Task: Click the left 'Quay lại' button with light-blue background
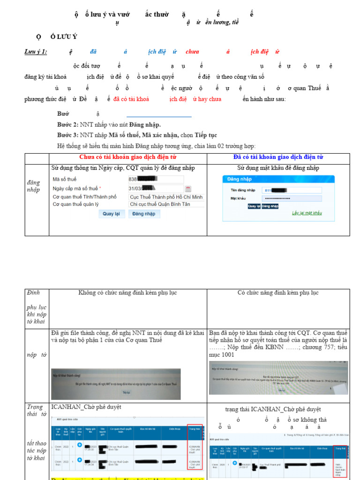tap(111, 214)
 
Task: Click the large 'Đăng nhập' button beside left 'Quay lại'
tap(144, 214)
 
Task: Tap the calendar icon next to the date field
tap(188, 189)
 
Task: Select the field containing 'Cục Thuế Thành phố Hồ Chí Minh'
tap(166, 197)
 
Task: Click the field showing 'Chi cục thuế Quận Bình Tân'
tap(166, 204)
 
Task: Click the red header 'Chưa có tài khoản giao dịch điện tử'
tap(128, 157)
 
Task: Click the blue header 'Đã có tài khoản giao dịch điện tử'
tap(278, 157)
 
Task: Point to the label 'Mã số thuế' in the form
tap(65, 180)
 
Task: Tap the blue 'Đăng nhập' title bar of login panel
tap(278, 179)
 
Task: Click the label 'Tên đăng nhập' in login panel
tap(243, 190)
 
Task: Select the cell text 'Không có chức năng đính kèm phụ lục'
tap(127, 293)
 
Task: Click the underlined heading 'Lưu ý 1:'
tap(36, 52)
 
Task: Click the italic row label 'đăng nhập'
tap(33, 186)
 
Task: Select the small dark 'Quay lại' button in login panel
tap(253, 206)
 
